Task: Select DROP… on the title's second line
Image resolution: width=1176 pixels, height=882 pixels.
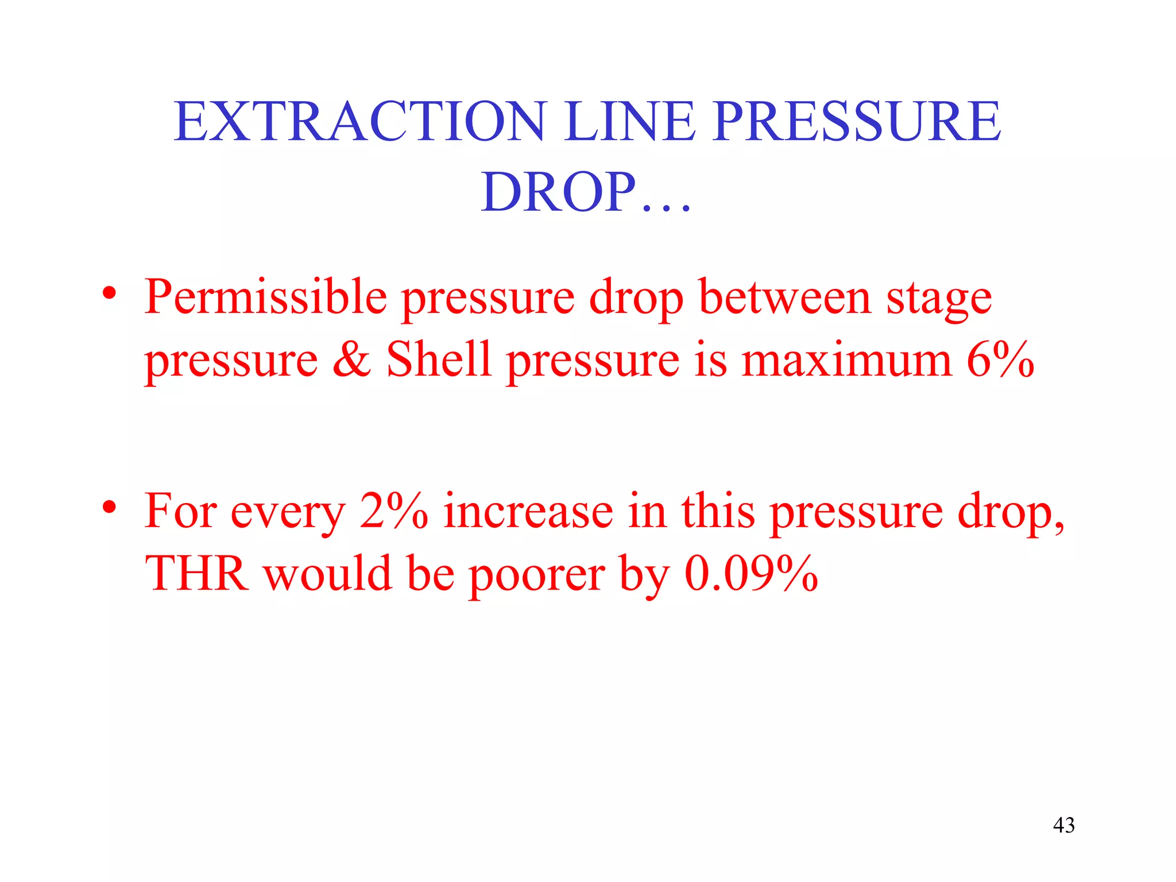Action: coord(586,192)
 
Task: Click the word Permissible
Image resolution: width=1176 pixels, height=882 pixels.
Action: coord(265,297)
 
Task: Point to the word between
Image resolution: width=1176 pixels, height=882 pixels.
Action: coord(785,297)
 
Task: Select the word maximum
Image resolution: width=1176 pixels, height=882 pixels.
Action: coord(846,360)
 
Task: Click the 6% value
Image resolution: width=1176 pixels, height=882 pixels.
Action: coord(1000,360)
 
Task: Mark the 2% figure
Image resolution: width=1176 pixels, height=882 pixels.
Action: coord(393,510)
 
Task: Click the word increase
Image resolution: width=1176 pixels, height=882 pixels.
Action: coord(528,512)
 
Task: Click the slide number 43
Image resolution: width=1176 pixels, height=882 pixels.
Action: coord(1063,825)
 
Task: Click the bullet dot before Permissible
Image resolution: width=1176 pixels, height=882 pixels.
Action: coord(110,295)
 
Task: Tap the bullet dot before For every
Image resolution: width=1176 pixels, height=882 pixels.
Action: coord(110,508)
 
